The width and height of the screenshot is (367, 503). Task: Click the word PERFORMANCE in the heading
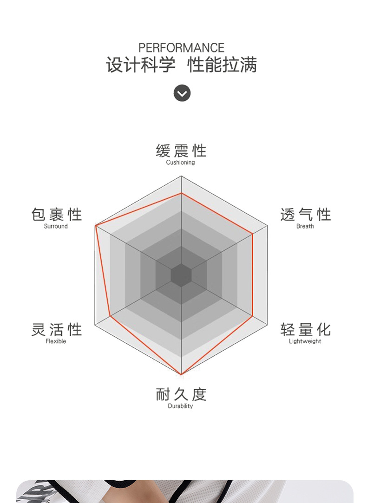tap(181, 48)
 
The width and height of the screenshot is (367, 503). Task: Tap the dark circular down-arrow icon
tap(182, 93)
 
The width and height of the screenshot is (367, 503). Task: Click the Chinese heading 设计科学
tap(141, 65)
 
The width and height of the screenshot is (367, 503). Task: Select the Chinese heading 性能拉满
tap(222, 65)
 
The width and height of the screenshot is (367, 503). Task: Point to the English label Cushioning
tap(180, 163)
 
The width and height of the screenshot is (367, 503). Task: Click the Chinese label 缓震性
tap(181, 151)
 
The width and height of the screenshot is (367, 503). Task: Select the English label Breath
tap(305, 226)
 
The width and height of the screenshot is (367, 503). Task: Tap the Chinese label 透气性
tap(305, 215)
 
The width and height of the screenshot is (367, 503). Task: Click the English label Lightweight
tap(305, 341)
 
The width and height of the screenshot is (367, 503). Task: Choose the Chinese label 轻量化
tap(305, 330)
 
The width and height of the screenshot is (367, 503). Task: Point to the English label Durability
tap(180, 406)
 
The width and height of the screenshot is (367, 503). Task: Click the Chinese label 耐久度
tap(181, 394)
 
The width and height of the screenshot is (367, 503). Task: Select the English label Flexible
tap(56, 341)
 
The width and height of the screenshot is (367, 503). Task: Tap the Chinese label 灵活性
tap(56, 330)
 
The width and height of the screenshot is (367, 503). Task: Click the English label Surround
tap(56, 226)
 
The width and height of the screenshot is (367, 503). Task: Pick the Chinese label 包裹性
tap(56, 215)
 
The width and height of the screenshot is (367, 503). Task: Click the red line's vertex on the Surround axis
tap(96, 226)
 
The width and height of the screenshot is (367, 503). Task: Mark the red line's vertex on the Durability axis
tap(181, 374)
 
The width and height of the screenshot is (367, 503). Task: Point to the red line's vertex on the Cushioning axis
tap(181, 193)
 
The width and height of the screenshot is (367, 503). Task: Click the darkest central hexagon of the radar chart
tap(181, 275)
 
